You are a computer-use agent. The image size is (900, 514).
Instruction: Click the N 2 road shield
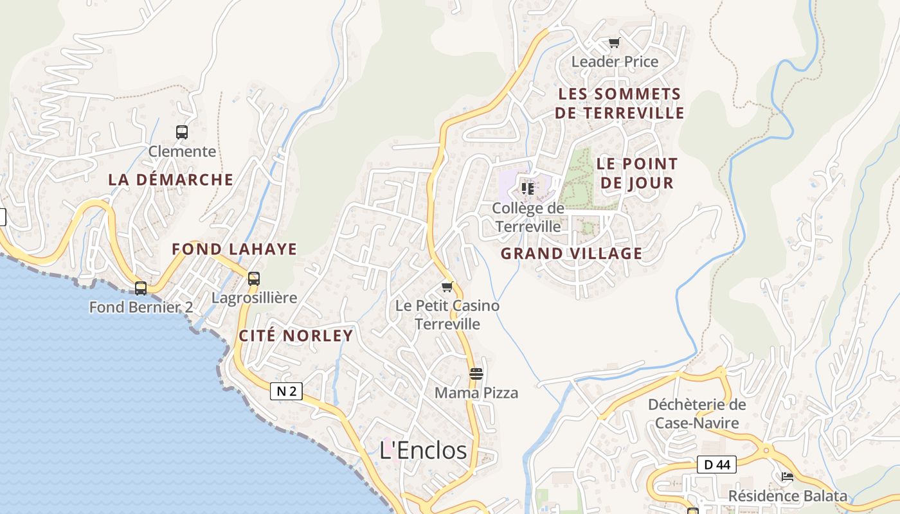286,391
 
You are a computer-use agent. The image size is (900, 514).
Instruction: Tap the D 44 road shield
716,465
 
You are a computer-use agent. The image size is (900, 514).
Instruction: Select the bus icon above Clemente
182,132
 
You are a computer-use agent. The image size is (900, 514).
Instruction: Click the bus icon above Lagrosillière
254,279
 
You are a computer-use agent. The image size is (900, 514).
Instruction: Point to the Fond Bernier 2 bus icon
141,288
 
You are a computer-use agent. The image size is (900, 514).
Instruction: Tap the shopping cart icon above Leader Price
615,43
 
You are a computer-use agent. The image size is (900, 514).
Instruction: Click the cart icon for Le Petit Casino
447,287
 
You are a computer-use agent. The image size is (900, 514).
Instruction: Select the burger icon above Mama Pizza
476,374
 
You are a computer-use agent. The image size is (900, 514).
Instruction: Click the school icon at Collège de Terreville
528,189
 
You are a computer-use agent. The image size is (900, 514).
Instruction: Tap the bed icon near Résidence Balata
788,477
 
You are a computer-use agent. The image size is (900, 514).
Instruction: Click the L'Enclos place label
423,450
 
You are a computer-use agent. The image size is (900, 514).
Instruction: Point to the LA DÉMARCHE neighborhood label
170,180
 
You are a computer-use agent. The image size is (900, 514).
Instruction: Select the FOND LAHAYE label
234,249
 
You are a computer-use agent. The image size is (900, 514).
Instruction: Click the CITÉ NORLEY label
296,335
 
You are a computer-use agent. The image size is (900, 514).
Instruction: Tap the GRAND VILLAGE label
571,254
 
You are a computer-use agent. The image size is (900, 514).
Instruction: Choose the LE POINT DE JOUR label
636,173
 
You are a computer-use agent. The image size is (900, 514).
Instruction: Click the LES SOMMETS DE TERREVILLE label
620,103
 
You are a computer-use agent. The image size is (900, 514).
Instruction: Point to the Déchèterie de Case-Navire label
697,414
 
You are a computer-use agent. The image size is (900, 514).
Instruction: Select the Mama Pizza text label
476,393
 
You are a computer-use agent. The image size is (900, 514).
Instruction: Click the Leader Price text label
615,62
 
